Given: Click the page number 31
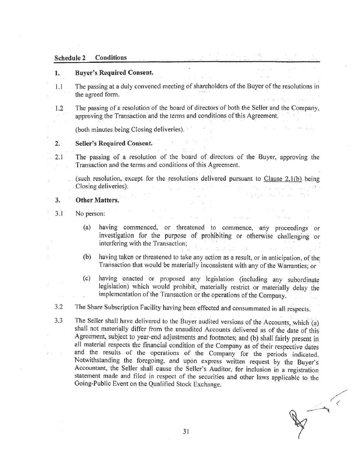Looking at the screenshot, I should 186,432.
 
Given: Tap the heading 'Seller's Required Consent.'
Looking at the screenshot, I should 114,143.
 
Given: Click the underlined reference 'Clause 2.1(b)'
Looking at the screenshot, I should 283,179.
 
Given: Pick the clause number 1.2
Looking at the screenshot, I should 59,109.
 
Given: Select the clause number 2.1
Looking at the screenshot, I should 59,157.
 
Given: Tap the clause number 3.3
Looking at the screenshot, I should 59,320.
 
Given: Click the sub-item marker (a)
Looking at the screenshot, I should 87,227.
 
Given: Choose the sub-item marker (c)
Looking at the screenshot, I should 87,278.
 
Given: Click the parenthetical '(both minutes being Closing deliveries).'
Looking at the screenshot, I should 130,130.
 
